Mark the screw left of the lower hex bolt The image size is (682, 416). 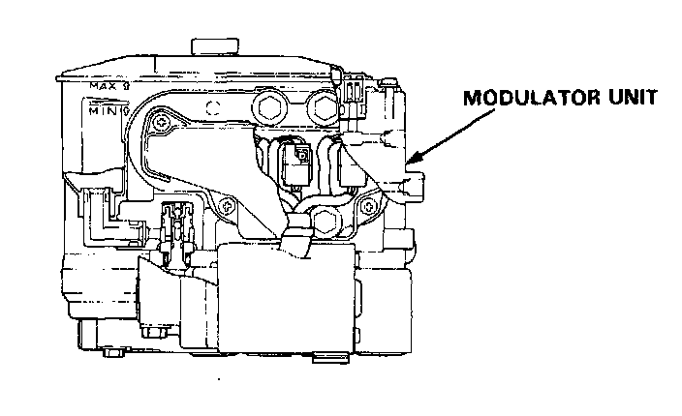[226, 204]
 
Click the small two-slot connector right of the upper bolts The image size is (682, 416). [352, 94]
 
